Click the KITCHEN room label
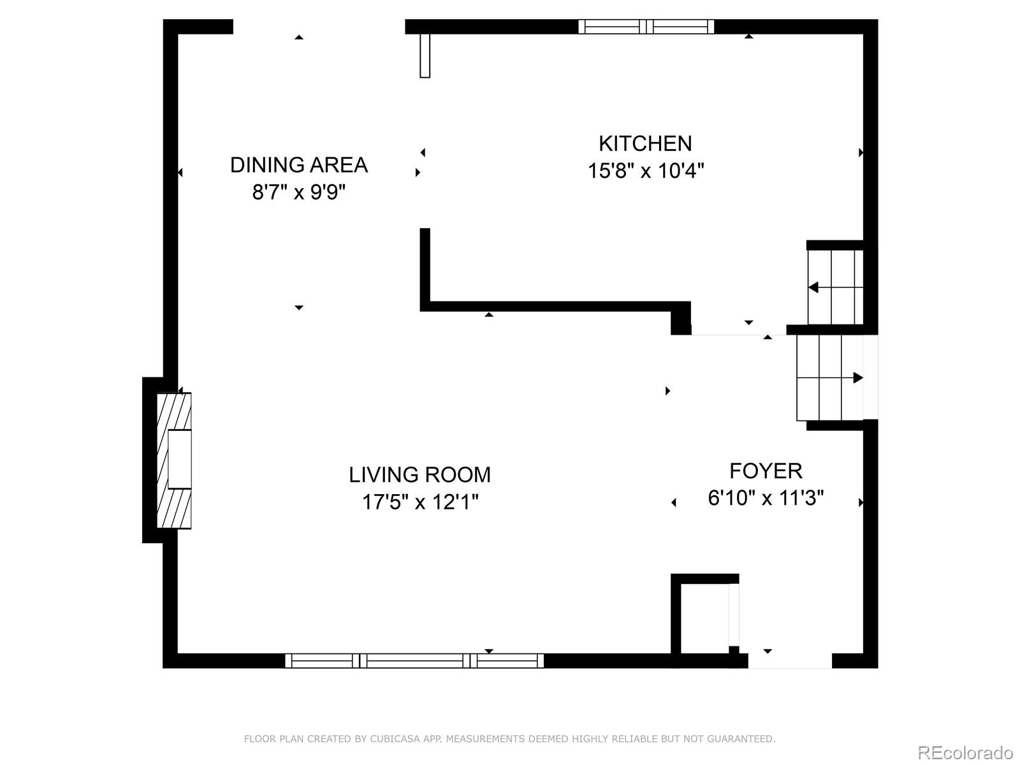click(x=645, y=143)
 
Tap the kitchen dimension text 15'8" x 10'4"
click(x=645, y=171)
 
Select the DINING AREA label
click(x=298, y=165)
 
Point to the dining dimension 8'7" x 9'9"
click(x=298, y=192)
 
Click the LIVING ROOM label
click(x=419, y=475)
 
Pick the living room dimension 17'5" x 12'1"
click(x=419, y=502)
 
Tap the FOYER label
click(x=766, y=471)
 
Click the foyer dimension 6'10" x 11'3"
click(x=766, y=498)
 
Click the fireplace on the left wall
click(x=174, y=460)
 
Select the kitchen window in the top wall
click(x=646, y=26)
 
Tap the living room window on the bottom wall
click(x=414, y=661)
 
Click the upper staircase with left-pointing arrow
click(x=835, y=287)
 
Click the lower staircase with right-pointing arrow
click(x=829, y=378)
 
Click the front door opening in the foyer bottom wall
click(x=789, y=661)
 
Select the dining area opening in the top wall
click(x=319, y=26)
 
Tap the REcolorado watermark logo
click(x=965, y=752)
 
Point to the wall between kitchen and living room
click(x=555, y=306)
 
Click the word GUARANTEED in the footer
click(x=743, y=739)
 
